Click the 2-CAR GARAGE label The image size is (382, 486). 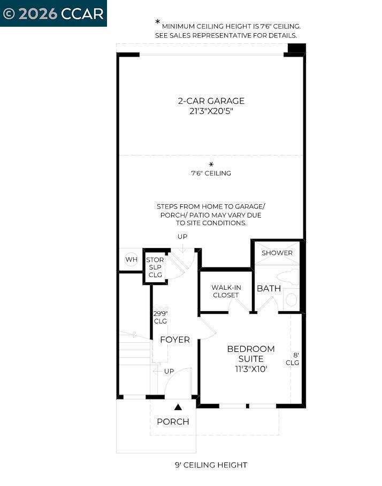211,101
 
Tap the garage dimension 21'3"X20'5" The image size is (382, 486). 211,111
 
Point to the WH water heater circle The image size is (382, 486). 131,260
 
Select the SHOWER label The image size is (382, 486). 277,253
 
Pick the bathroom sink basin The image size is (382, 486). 291,299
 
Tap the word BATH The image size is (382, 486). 269,288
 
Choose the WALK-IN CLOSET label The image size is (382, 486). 226,291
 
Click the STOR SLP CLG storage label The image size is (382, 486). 155,267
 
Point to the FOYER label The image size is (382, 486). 175,340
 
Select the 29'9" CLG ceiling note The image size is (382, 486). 161,317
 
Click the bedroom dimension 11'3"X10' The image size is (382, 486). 251,369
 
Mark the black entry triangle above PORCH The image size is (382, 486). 178,407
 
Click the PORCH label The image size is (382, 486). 173,422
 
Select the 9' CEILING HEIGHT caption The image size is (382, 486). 211,465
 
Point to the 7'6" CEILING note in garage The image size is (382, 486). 211,173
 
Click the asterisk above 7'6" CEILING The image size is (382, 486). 211,164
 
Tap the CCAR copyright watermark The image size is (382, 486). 53,13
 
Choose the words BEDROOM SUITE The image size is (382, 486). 251,353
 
